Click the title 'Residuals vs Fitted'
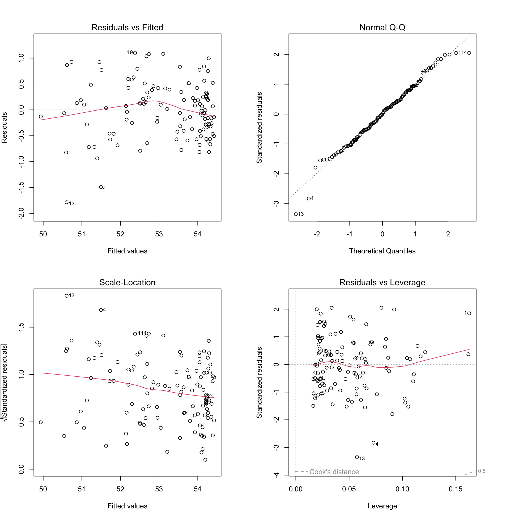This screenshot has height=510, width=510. pyautogui.click(x=127, y=27)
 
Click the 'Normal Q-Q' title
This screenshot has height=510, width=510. pyautogui.click(x=382, y=27)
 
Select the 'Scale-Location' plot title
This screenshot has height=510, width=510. pyautogui.click(x=127, y=282)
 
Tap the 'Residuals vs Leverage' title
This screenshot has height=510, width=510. pyautogui.click(x=382, y=282)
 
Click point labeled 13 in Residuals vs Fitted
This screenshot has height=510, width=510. pyautogui.click(x=67, y=202)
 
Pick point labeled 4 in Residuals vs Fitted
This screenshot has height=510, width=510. pyautogui.click(x=101, y=187)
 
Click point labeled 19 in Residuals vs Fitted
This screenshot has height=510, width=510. pyautogui.click(x=135, y=53)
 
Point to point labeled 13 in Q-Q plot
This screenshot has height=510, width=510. pyautogui.click(x=296, y=214)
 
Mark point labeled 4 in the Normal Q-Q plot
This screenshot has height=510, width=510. pyautogui.click(x=309, y=198)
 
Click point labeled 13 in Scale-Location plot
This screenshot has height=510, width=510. pyautogui.click(x=67, y=296)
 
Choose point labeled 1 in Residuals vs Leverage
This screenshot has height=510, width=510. pyautogui.click(x=469, y=313)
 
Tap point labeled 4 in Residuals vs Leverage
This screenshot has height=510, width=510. pyautogui.click(x=373, y=443)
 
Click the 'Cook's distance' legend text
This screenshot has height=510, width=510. pyautogui.click(x=334, y=472)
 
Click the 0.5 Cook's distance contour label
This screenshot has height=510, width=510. pyautogui.click(x=482, y=471)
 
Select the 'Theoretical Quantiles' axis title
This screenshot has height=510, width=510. pyautogui.click(x=382, y=251)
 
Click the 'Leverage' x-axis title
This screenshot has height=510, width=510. pyautogui.click(x=382, y=506)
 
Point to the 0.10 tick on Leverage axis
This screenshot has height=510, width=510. pyautogui.click(x=402, y=489)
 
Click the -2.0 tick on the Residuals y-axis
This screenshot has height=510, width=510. pyautogui.click(x=21, y=213)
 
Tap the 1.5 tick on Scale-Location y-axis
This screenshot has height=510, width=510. pyautogui.click(x=21, y=327)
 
